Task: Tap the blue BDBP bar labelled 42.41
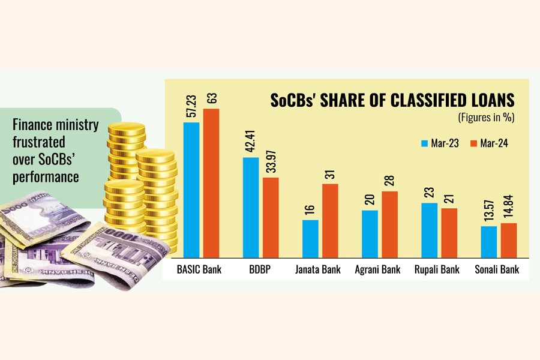coord(251,206)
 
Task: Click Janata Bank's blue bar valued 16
coord(310,238)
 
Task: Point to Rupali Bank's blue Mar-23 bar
coord(430,229)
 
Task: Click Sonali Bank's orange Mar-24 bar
coord(508,239)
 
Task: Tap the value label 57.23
coord(191,105)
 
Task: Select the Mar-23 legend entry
coord(441,143)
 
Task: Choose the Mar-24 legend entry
coord(488,143)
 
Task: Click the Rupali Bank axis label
coord(437,269)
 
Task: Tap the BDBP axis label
coord(261,269)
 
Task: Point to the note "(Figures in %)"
coord(486,117)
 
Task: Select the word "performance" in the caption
coord(46,177)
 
